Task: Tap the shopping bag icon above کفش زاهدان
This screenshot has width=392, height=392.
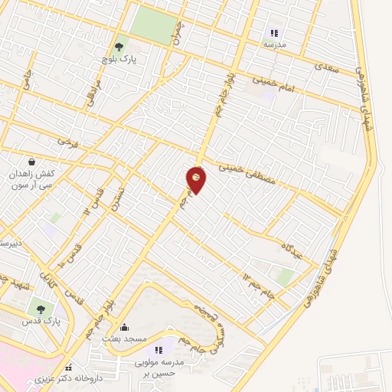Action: click(x=31, y=162)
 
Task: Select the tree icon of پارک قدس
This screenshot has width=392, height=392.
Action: click(x=41, y=309)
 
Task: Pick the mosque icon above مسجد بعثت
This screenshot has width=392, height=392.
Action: click(x=124, y=327)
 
